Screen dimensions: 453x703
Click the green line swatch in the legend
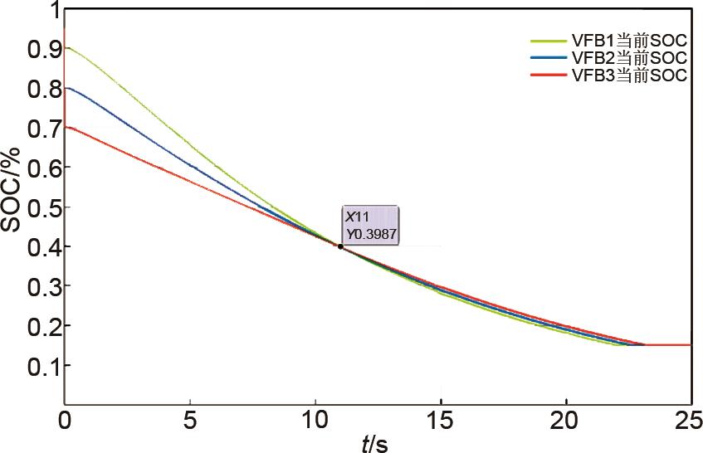pos(549,40)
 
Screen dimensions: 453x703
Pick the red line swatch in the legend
pos(549,75)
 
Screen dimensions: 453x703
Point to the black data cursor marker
pos(340,246)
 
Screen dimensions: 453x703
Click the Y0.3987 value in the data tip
pos(372,234)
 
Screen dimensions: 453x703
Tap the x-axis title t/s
pos(374,444)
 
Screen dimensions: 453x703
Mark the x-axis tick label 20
pos(566,419)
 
